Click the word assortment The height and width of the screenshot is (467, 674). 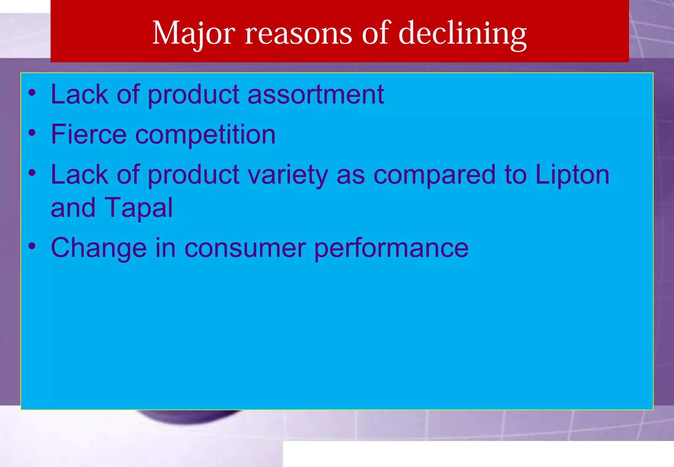click(x=316, y=95)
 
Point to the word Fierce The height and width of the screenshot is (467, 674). click(x=89, y=134)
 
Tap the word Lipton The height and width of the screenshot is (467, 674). click(x=572, y=175)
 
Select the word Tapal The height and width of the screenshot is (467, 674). click(x=138, y=208)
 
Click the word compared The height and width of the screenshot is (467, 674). click(x=434, y=175)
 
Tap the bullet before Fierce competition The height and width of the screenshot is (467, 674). click(x=32, y=133)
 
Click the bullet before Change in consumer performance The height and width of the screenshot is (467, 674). click(x=32, y=246)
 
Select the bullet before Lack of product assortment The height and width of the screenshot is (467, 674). click(x=32, y=93)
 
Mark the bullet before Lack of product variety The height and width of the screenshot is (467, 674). click(x=32, y=173)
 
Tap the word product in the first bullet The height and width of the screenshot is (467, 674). click(x=193, y=95)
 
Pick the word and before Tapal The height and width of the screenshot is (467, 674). click(x=73, y=208)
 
